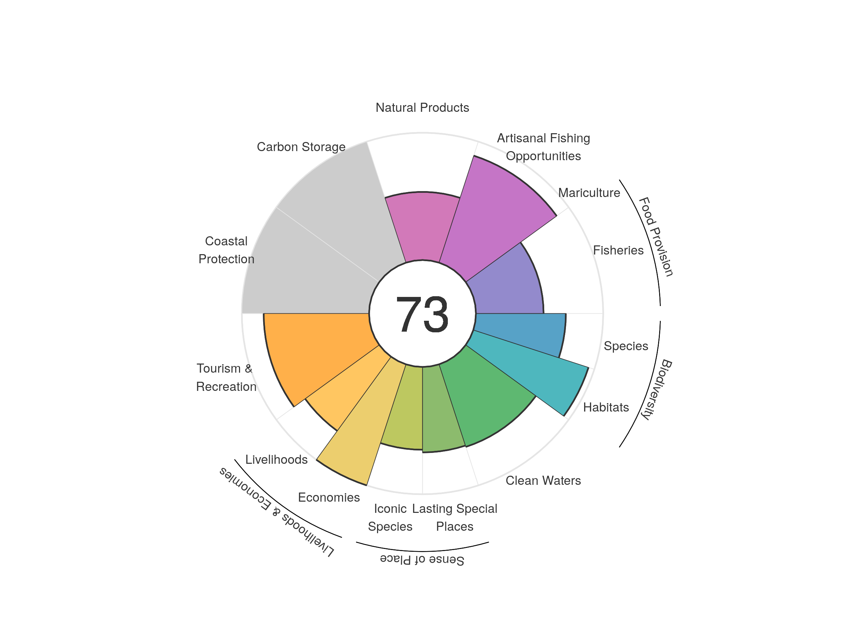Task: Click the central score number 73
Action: coord(422,314)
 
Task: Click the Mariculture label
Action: coord(589,193)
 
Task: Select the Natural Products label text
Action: coord(422,108)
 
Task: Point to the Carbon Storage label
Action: coord(301,147)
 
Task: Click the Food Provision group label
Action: coord(656,237)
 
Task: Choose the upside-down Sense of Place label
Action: coord(422,559)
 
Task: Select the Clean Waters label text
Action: coord(543,480)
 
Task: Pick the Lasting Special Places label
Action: coord(455,517)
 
